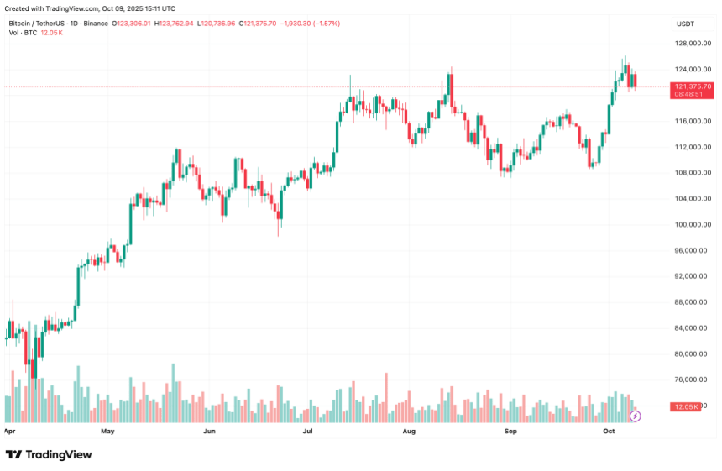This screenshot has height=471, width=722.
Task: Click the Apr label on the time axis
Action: coord(10,432)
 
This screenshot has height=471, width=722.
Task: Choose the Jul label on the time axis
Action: coord(308,432)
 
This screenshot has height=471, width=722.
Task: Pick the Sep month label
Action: coord(510,432)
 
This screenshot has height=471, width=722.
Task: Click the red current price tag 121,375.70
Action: coord(692,86)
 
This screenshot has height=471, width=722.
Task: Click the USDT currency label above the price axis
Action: coord(685,24)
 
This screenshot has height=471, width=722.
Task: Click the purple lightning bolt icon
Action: coord(635,416)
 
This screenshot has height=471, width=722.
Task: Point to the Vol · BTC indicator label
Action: coord(23,33)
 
